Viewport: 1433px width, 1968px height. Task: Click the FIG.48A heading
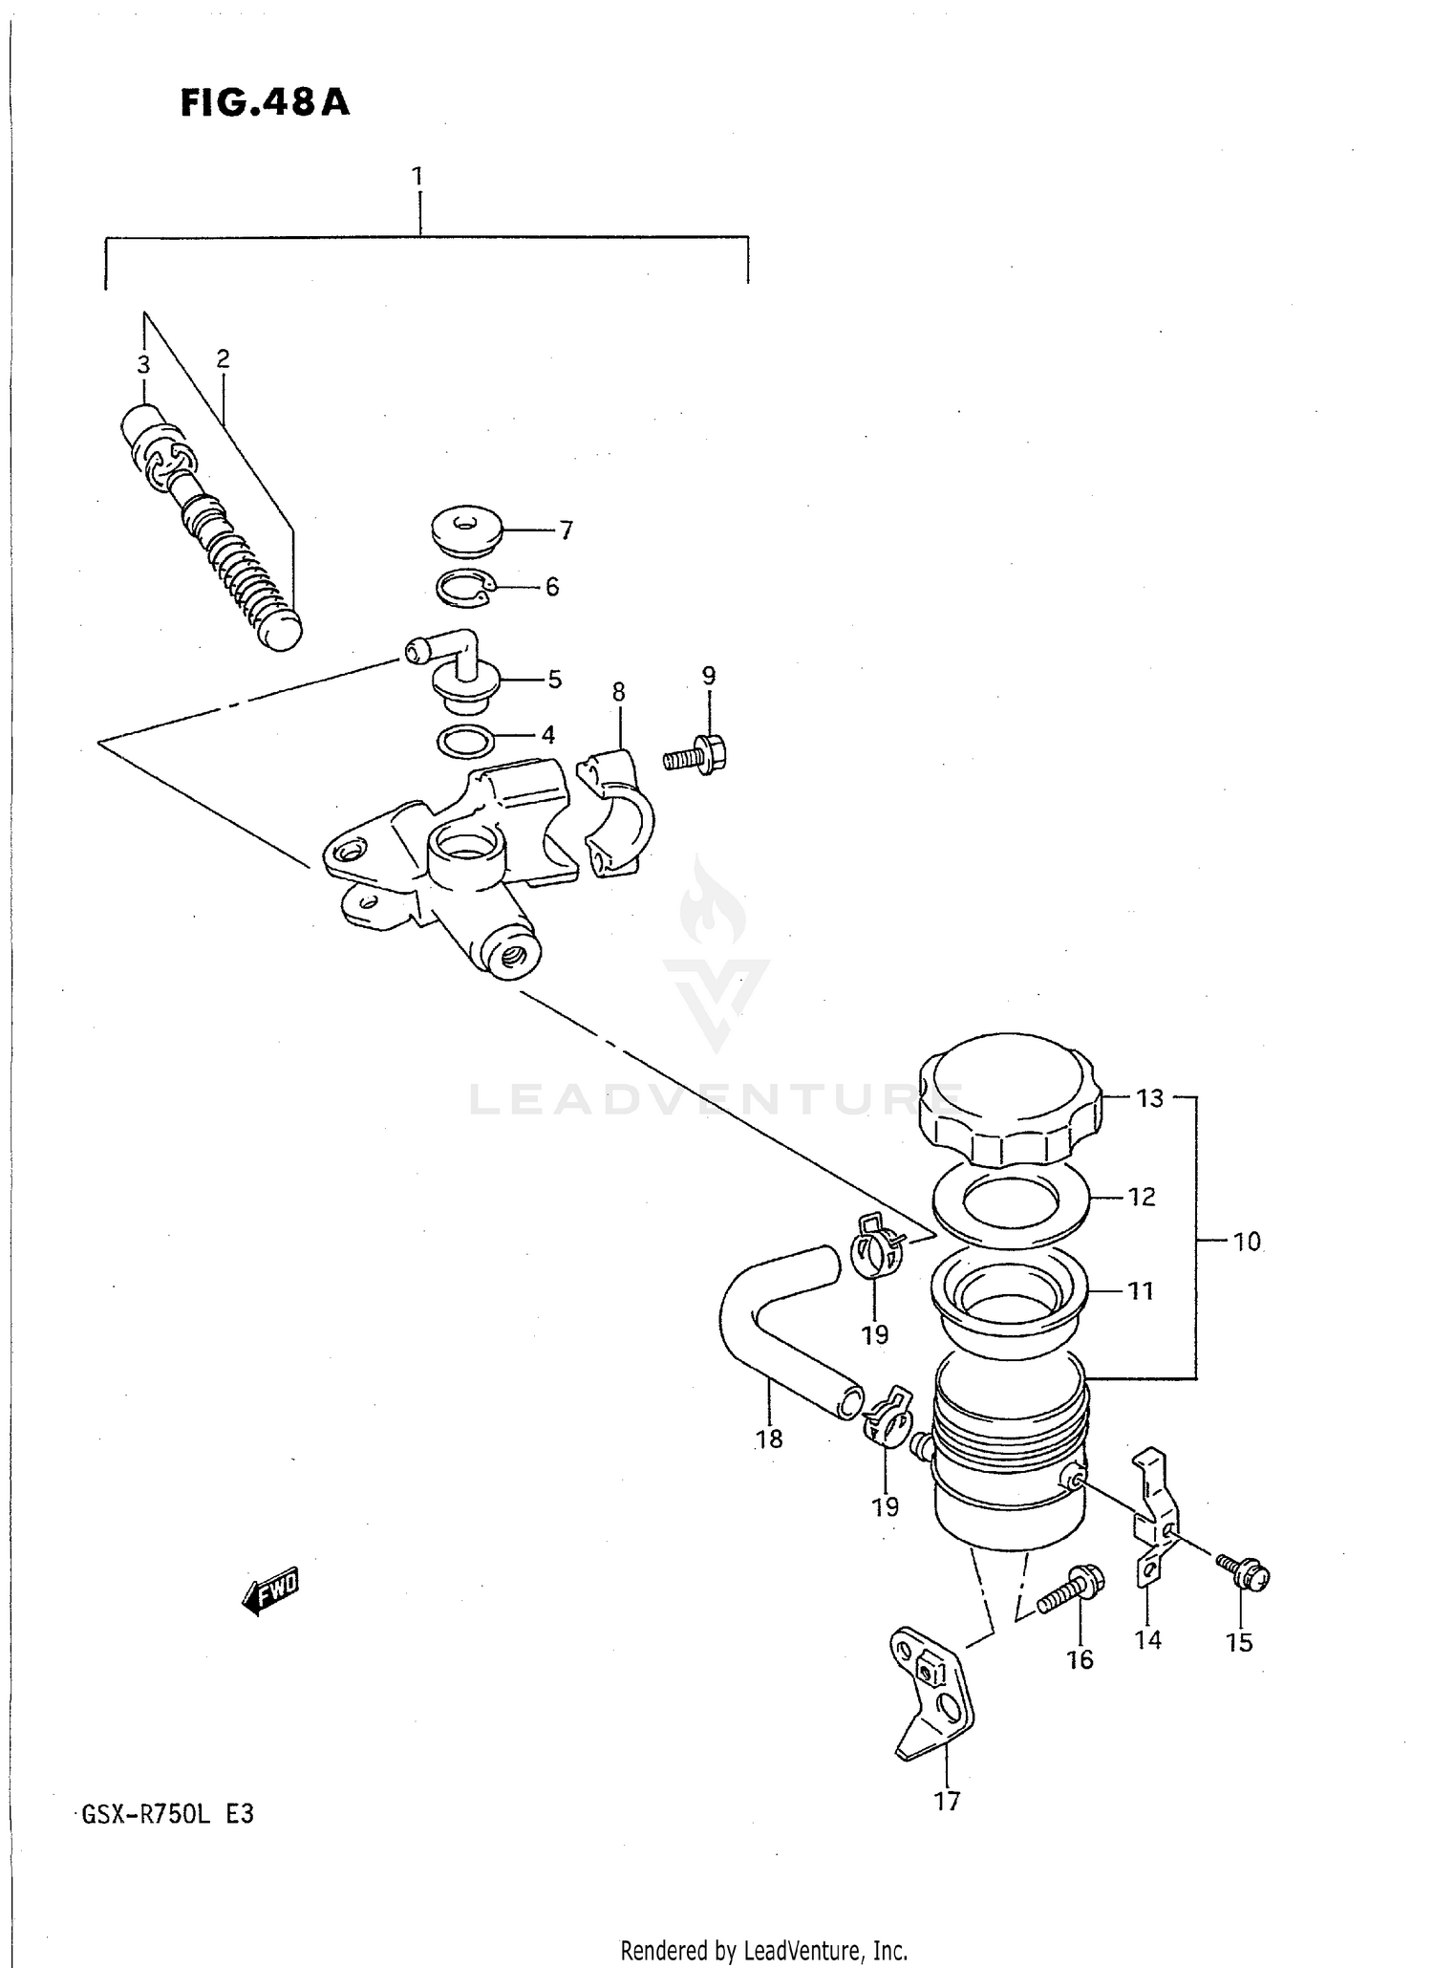pos(265,103)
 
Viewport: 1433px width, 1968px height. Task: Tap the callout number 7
pos(566,530)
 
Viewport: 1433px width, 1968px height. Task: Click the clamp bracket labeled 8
pos(618,811)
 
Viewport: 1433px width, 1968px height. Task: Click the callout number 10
pos(1247,1242)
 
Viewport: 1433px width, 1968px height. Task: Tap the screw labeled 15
pos(1245,1575)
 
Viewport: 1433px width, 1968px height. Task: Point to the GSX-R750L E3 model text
pos(168,1813)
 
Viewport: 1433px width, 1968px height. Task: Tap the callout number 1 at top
pos(417,176)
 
